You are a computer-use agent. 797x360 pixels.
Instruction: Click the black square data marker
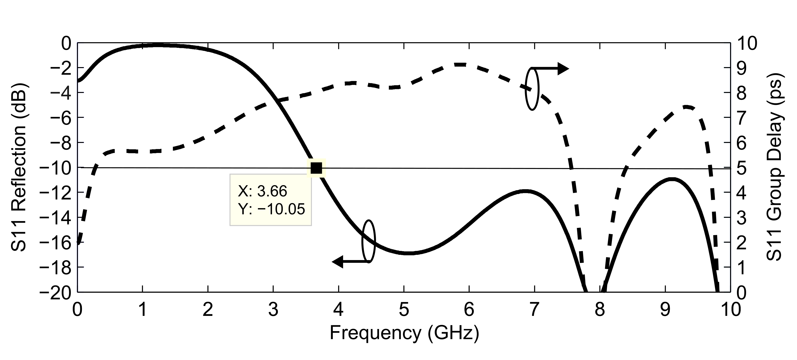(x=316, y=168)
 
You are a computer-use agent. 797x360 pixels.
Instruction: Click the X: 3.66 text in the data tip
(x=262, y=191)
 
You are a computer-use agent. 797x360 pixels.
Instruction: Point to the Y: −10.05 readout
(x=271, y=209)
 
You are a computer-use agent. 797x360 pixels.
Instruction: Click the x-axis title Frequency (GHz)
(x=404, y=333)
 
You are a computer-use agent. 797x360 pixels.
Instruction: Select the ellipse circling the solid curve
(x=368, y=241)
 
